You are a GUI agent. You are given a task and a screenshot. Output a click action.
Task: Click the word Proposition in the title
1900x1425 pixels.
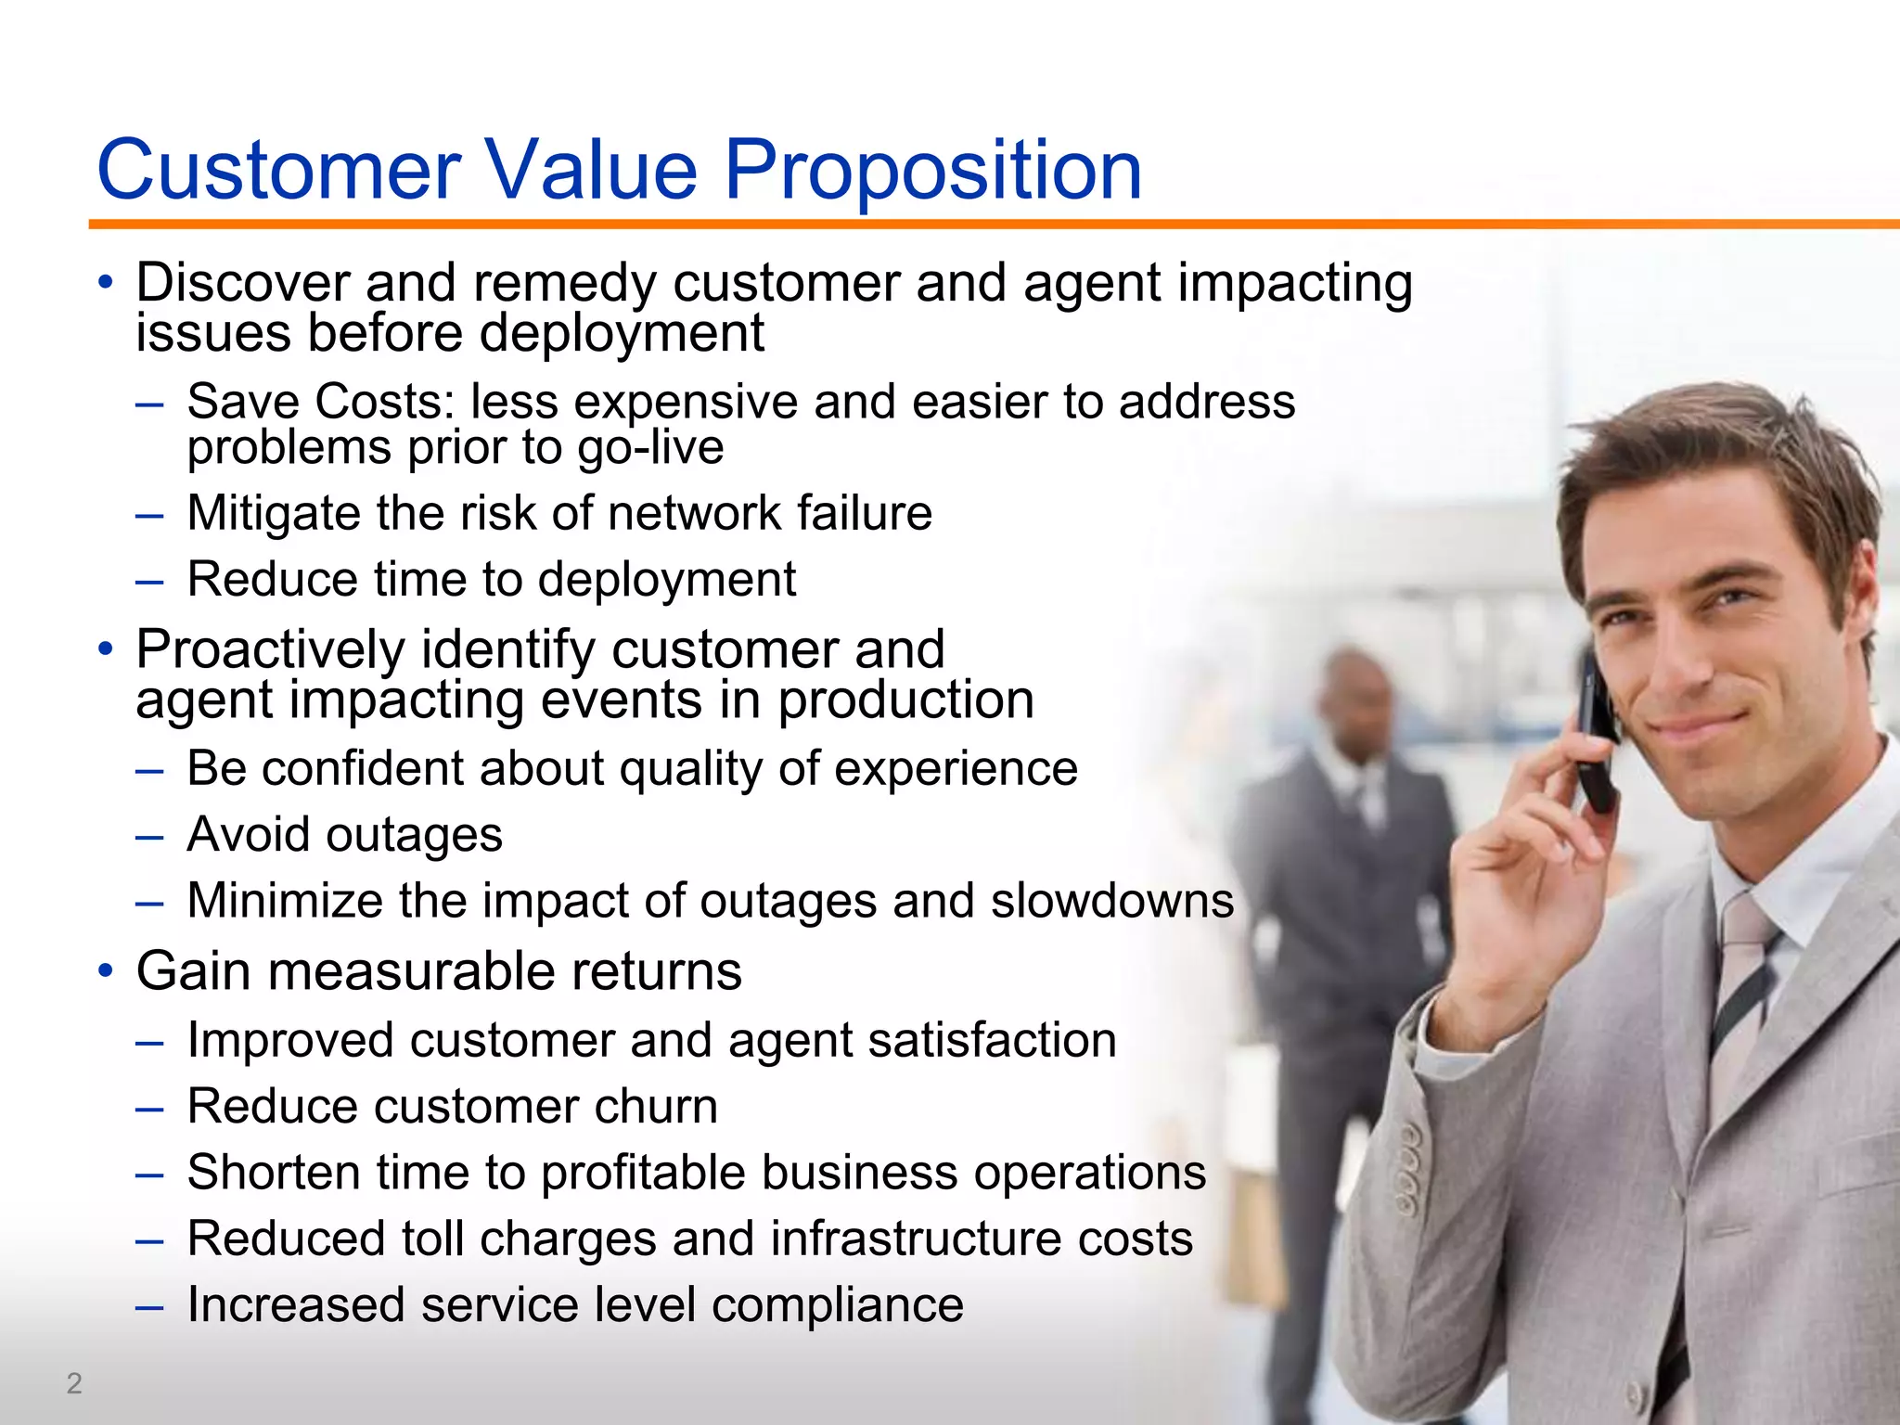point(931,171)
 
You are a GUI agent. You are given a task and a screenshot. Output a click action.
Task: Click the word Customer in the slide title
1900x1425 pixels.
point(278,171)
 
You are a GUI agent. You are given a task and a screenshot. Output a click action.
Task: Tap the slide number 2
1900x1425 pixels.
point(74,1383)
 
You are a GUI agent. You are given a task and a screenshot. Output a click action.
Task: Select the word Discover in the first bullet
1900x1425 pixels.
point(243,282)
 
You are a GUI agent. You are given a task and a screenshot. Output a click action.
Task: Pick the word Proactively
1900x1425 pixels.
point(271,649)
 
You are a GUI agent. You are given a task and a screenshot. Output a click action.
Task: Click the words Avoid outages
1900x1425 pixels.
point(344,834)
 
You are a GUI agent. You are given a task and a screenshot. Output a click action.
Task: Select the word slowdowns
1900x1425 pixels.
point(1111,900)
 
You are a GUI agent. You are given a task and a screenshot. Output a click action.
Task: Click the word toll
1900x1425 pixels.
point(432,1239)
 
